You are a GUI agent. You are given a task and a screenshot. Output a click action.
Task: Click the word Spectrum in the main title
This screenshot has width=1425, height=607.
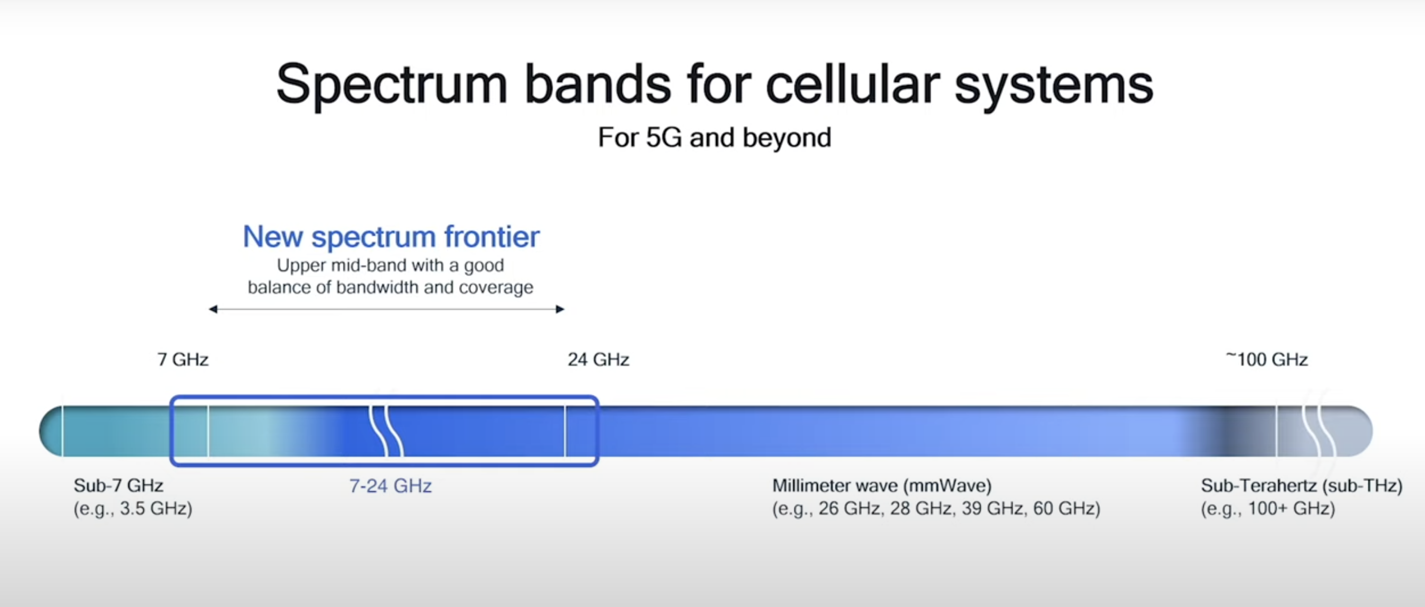tap(392, 84)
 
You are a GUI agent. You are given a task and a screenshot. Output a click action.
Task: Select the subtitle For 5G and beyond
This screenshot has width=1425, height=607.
tap(714, 137)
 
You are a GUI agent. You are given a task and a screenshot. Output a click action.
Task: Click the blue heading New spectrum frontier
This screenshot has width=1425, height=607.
tap(391, 237)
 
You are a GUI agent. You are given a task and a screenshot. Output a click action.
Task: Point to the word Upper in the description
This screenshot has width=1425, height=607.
tap(302, 266)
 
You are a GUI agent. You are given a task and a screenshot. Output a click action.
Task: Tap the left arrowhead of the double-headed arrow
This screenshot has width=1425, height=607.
tap(213, 309)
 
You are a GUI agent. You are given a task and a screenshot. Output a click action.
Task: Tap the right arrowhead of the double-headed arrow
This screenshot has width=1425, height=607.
tap(560, 309)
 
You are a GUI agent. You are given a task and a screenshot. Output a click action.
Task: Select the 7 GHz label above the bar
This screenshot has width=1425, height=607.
tap(183, 360)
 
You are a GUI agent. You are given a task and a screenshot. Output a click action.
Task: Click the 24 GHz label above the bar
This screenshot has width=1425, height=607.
tap(598, 360)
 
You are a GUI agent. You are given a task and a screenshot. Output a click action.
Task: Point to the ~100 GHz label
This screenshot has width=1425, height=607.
tap(1266, 359)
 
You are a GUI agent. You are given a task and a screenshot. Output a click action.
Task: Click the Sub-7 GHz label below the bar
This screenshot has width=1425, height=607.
tap(118, 486)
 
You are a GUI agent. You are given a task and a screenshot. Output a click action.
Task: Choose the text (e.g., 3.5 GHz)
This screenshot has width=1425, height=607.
tap(133, 508)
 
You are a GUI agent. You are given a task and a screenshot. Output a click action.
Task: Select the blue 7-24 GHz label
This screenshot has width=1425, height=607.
tap(391, 486)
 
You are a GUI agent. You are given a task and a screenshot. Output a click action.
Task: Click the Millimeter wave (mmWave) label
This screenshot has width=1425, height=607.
tap(882, 486)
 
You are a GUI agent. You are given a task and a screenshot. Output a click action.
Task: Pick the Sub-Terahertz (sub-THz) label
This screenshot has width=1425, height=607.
tap(1302, 486)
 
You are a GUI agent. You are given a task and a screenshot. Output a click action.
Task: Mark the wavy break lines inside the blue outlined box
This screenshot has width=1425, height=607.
tap(387, 431)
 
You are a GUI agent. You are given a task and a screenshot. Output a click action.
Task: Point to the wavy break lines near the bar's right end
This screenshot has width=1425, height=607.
tap(1319, 428)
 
